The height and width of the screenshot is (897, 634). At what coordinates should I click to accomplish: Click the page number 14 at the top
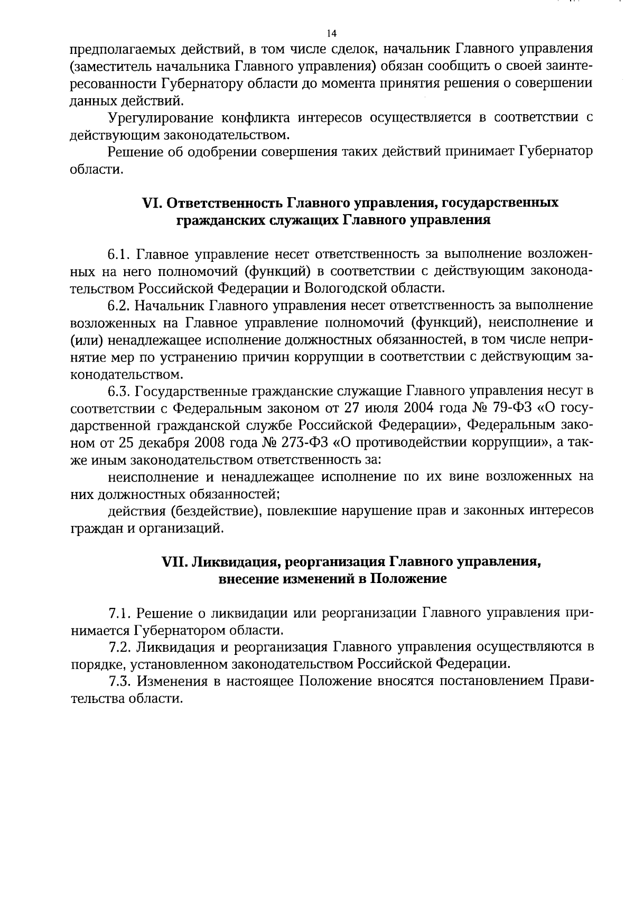[x=332, y=34]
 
